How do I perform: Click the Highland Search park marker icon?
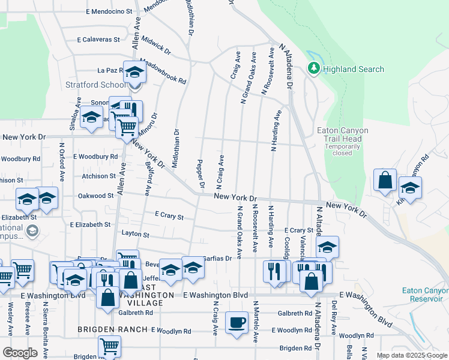point(313,69)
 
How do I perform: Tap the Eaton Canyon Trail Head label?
point(342,135)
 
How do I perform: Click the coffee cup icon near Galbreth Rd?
point(237,322)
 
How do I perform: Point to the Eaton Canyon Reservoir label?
point(424,294)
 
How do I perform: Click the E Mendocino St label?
point(109,11)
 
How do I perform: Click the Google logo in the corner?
point(20,352)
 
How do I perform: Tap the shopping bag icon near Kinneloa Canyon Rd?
point(385,179)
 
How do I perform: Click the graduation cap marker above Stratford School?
point(135,72)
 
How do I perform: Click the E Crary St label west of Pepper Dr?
point(169,215)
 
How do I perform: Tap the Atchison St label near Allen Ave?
point(98,176)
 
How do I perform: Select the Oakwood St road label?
point(95,196)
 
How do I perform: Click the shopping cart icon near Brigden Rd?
point(109,346)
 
